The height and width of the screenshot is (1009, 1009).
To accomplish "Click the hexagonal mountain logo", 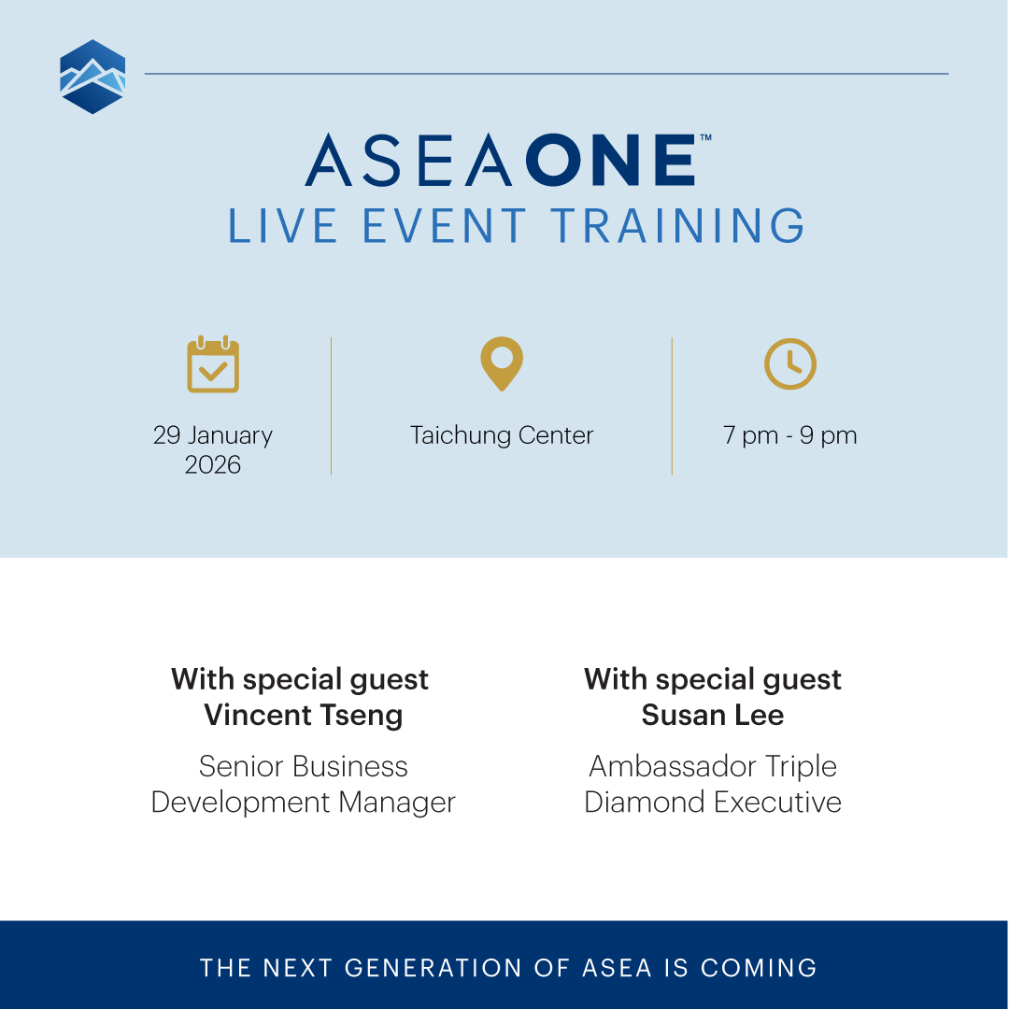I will [92, 77].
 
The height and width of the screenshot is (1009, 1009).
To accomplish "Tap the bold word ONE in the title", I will [611, 161].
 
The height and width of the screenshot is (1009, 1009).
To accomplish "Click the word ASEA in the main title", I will [408, 161].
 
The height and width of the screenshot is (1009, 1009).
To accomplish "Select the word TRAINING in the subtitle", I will [676, 227].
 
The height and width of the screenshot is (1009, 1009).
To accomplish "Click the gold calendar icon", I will [213, 364].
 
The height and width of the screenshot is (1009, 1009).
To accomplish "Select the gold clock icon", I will [790, 364].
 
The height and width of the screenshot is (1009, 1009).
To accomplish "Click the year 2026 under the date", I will [213, 465].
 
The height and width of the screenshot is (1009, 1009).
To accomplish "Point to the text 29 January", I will [213, 435].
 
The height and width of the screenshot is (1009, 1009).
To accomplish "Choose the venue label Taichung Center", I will [502, 435].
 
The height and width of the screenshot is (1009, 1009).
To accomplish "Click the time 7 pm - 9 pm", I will [790, 435].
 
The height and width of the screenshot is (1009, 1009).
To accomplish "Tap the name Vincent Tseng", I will [304, 716].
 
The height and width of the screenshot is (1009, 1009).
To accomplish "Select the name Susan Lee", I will [713, 716].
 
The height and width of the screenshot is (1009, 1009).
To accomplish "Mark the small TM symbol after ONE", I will [705, 137].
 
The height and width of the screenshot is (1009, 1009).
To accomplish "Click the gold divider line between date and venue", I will [331, 406].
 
